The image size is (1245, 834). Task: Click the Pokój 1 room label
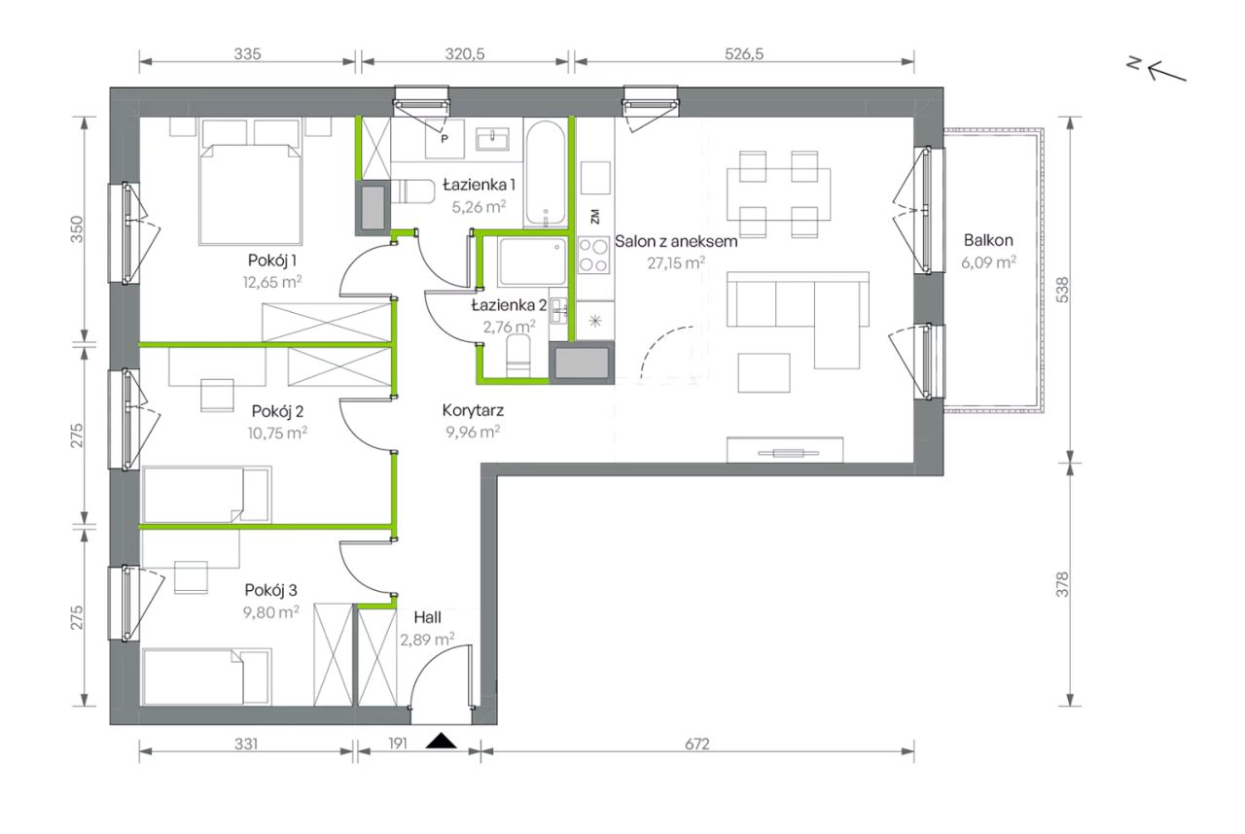pyautogui.click(x=272, y=261)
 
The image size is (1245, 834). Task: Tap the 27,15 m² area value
pyautogui.click(x=676, y=262)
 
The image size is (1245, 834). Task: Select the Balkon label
pyautogui.click(x=988, y=240)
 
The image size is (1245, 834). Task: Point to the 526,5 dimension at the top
pyautogui.click(x=744, y=53)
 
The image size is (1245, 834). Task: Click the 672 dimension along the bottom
pyautogui.click(x=697, y=744)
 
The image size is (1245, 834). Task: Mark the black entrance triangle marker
pyautogui.click(x=442, y=741)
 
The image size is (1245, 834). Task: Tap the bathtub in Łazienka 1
pyautogui.click(x=546, y=173)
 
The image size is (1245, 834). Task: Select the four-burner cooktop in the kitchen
pyautogui.click(x=593, y=255)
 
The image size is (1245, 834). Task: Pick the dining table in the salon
pyautogui.click(x=778, y=193)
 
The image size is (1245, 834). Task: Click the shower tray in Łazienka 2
pyautogui.click(x=532, y=261)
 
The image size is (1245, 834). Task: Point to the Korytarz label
pyautogui.click(x=473, y=411)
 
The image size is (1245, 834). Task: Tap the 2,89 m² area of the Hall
pyautogui.click(x=427, y=640)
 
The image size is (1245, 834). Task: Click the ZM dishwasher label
pyautogui.click(x=595, y=217)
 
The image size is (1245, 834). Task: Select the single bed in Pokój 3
pyautogui.click(x=207, y=677)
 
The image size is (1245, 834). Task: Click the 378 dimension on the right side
pyautogui.click(x=1062, y=585)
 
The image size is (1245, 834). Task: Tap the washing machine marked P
pyautogui.click(x=445, y=138)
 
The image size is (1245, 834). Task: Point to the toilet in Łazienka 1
pyautogui.click(x=412, y=191)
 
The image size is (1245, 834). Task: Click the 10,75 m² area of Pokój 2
pyautogui.click(x=277, y=434)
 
